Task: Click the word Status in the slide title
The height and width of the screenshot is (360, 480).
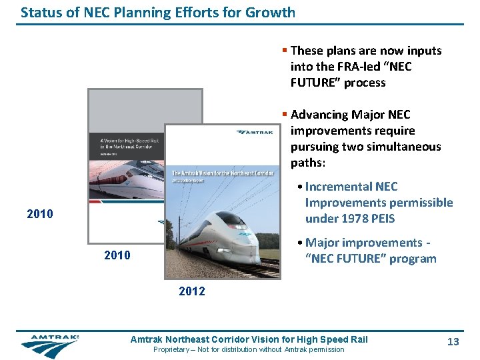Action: (39, 12)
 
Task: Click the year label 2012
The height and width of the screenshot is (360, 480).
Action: (192, 291)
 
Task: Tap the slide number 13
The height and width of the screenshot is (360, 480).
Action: (453, 341)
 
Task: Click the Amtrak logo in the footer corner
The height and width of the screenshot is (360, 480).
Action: (49, 345)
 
